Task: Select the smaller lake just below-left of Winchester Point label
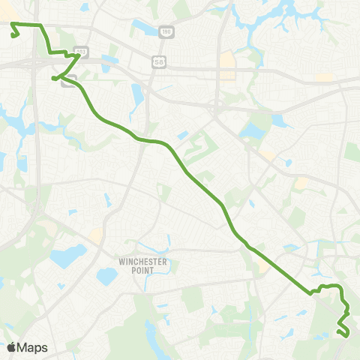pyautogui.click(x=106, y=276)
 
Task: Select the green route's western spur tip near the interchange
pyautogui.click(x=53, y=78)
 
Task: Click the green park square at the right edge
pyautogui.click(x=352, y=152)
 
